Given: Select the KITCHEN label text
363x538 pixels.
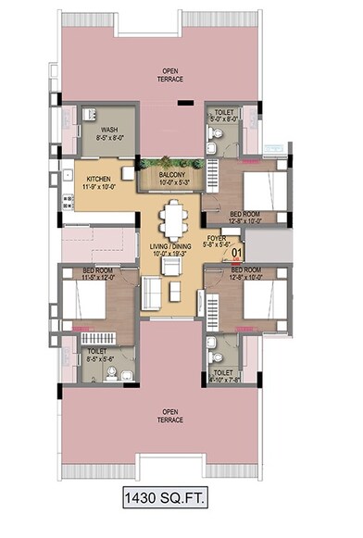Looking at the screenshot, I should [x=101, y=181].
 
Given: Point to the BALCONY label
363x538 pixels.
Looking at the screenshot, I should [x=171, y=174].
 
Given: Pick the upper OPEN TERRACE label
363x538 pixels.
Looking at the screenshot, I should [x=171, y=75].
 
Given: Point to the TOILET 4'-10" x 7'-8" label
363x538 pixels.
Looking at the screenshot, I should [x=223, y=375].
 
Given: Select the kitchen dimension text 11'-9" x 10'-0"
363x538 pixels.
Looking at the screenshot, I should [x=101, y=187].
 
